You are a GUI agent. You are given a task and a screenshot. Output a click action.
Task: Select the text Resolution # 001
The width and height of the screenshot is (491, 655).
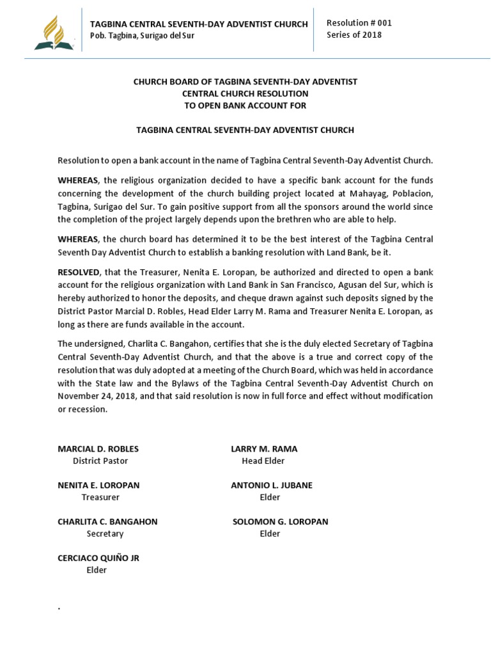(359, 23)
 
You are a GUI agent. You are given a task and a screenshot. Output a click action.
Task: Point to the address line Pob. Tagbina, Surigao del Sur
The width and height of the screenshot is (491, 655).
(142, 36)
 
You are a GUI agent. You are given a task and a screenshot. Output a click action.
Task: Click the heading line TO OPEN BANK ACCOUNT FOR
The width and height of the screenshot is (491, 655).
(245, 106)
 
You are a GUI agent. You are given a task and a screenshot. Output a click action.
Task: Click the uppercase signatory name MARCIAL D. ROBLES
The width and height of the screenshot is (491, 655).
(98, 448)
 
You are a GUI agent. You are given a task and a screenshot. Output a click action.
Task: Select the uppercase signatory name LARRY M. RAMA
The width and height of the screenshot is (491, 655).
(264, 448)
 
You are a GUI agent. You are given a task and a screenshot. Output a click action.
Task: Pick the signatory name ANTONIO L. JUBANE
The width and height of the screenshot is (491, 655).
(272, 485)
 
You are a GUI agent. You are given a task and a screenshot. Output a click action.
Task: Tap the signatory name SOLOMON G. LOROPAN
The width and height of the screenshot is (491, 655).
(280, 521)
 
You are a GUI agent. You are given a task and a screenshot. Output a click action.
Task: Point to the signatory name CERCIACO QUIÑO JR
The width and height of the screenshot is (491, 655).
(98, 558)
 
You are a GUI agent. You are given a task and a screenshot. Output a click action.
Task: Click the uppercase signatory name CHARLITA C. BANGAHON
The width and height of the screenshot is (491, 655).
(107, 521)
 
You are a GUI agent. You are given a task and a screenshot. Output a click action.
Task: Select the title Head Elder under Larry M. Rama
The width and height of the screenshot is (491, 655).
(263, 461)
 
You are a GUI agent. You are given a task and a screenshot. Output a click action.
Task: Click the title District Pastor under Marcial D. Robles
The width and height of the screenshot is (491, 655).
(100, 461)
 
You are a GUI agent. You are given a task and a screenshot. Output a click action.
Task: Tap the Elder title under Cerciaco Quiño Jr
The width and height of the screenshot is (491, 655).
(97, 570)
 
